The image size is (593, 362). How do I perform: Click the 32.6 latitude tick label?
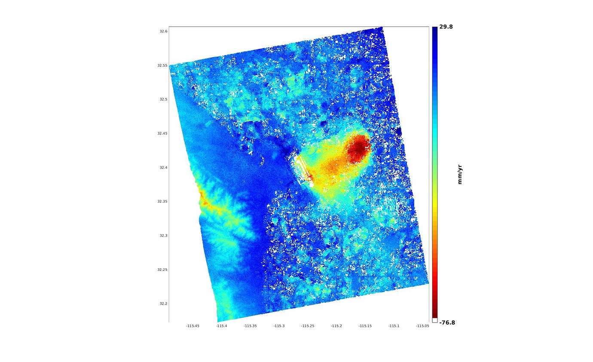(x=162, y=31)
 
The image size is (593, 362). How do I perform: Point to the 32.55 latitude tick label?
(x=162, y=65)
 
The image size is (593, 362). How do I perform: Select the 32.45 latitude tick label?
(x=162, y=133)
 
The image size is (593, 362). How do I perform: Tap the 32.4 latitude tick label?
(x=162, y=167)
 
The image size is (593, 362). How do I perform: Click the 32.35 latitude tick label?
(x=162, y=201)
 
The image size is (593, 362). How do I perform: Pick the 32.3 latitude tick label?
(x=162, y=236)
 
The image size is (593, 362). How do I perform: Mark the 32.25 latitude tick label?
(x=162, y=270)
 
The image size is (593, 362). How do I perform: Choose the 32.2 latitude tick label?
(x=162, y=304)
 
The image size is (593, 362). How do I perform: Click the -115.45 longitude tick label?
(x=193, y=326)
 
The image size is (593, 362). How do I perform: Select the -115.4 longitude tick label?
(x=221, y=326)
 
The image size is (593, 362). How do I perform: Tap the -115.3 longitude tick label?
(x=279, y=326)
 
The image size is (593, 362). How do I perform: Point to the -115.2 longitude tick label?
(x=336, y=326)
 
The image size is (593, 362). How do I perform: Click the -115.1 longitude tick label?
(x=394, y=326)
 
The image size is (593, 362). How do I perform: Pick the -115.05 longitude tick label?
(x=422, y=326)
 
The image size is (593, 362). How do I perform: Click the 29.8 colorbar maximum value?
(x=446, y=27)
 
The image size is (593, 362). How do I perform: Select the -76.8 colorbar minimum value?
(x=447, y=322)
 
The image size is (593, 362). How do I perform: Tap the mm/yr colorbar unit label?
(x=460, y=174)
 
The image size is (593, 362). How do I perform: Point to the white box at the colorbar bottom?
(x=435, y=320)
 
